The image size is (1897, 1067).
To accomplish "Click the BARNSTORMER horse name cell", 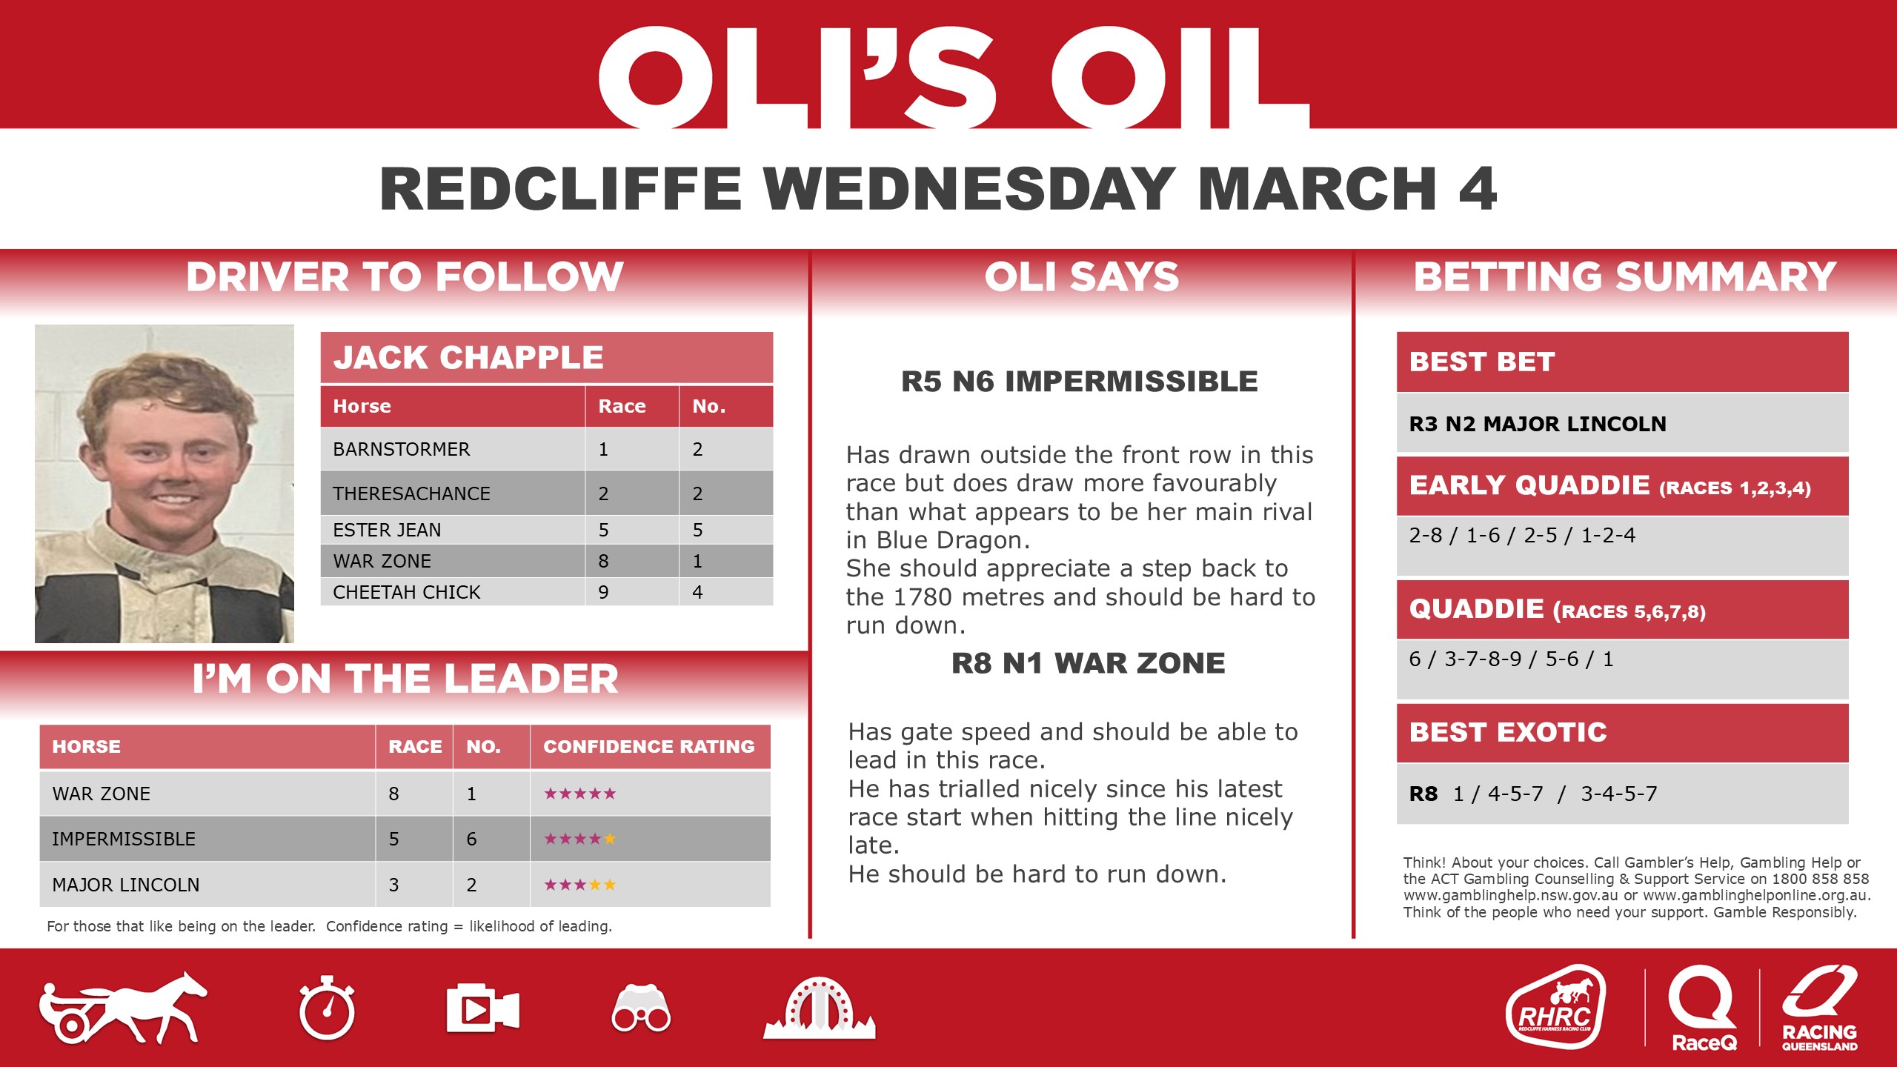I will pyautogui.click(x=401, y=449).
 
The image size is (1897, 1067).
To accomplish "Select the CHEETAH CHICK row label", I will pyautogui.click(x=406, y=592).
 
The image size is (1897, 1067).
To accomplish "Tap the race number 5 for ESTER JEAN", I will pyautogui.click(x=603, y=530).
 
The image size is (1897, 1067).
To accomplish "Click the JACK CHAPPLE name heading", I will pyautogui.click(x=468, y=358).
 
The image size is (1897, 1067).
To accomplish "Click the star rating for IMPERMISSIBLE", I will pyautogui.click(x=579, y=839).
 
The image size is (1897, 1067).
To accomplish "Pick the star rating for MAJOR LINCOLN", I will pyautogui.click(x=579, y=885).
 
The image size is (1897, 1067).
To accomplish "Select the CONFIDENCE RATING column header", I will pyautogui.click(x=648, y=747).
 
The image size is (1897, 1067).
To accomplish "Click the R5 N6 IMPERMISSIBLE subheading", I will pyautogui.click(x=1080, y=382).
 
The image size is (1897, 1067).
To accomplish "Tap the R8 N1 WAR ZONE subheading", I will pyautogui.click(x=1088, y=663).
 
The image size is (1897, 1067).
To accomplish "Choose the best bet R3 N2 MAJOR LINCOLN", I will pyautogui.click(x=1537, y=424).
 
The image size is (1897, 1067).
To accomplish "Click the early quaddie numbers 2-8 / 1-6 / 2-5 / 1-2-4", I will pyautogui.click(x=1521, y=535).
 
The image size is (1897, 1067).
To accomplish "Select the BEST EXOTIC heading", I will pyautogui.click(x=1507, y=733).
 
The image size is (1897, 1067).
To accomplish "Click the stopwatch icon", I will pyautogui.click(x=327, y=1009).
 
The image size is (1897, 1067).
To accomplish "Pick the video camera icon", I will pyautogui.click(x=482, y=1009).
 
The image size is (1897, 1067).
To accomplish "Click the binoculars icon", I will pyautogui.click(x=641, y=1009).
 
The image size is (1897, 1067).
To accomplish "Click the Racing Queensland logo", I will pyautogui.click(x=1819, y=1008).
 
